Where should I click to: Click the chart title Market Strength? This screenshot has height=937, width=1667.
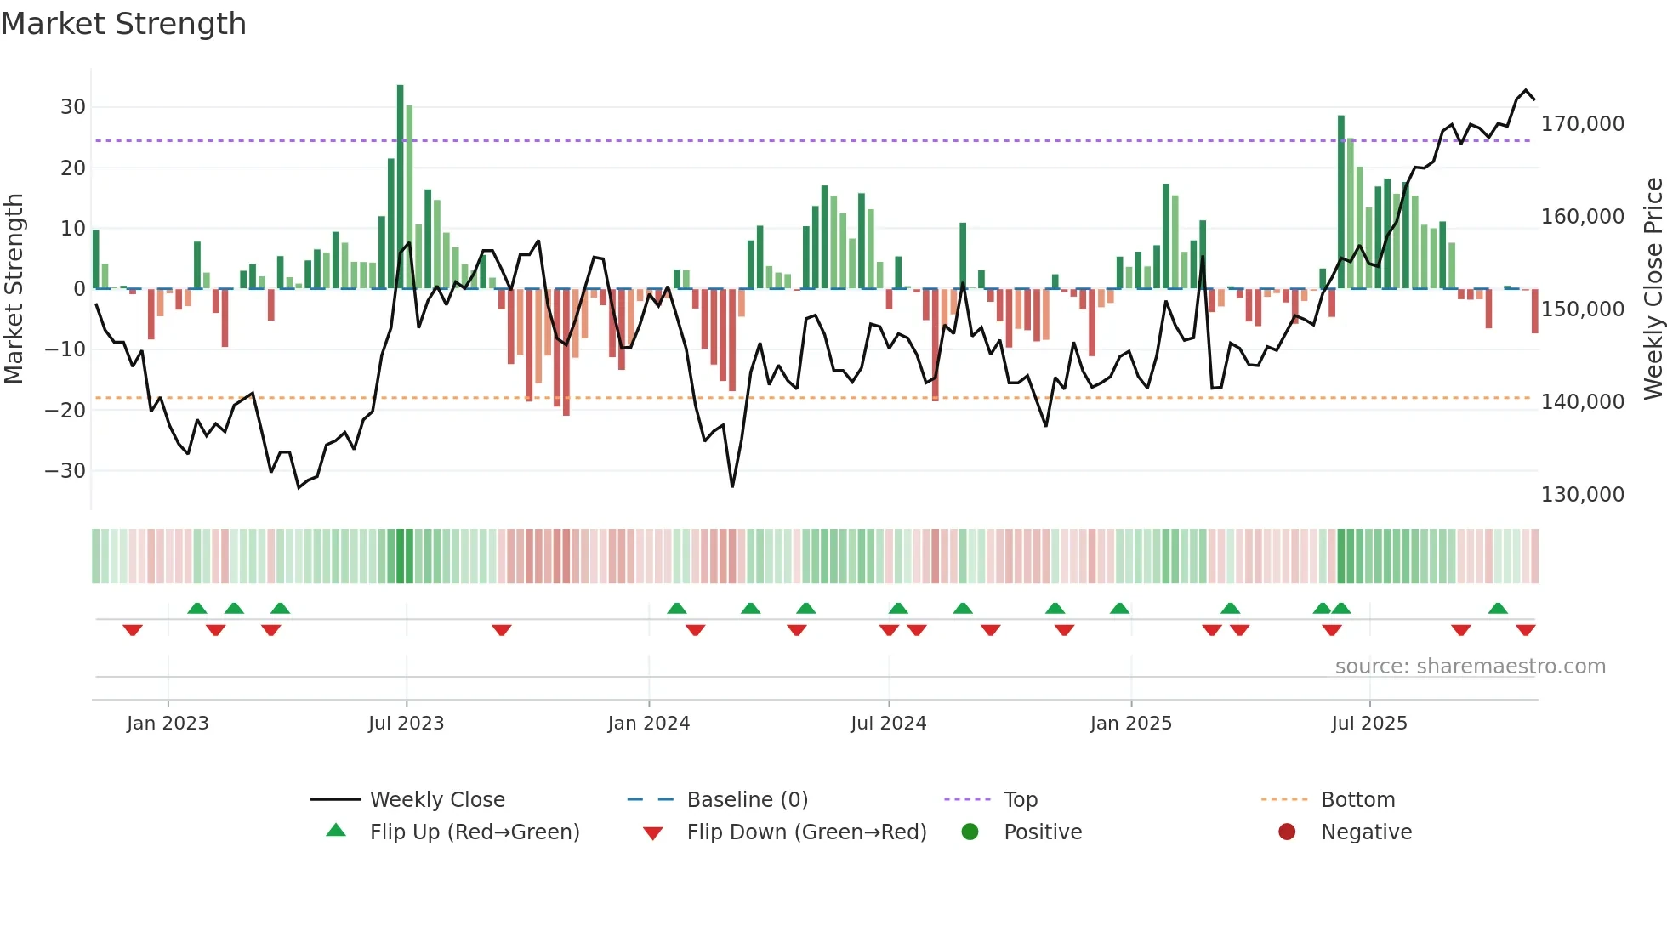[x=124, y=24]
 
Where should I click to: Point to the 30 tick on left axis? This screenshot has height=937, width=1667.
[x=73, y=107]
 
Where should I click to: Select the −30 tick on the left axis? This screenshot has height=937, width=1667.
[x=66, y=470]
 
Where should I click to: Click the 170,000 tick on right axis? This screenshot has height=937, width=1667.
[x=1582, y=124]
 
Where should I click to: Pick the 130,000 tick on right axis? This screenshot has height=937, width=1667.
[x=1582, y=494]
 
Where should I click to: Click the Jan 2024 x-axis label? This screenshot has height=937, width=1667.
[x=648, y=724]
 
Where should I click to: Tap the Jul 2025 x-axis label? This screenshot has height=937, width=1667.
[x=1369, y=724]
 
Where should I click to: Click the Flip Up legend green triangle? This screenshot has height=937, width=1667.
[x=336, y=831]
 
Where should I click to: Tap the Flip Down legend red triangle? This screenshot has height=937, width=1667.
[x=653, y=833]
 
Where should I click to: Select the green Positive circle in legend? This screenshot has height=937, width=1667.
[x=970, y=832]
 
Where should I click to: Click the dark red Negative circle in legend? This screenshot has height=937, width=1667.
[x=1287, y=832]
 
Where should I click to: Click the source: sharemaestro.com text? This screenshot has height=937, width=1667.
[x=1470, y=667]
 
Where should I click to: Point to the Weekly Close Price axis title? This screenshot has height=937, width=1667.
[x=1653, y=289]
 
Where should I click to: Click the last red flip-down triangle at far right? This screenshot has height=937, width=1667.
[x=1525, y=630]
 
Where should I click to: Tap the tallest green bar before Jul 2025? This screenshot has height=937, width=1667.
[x=1341, y=202]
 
